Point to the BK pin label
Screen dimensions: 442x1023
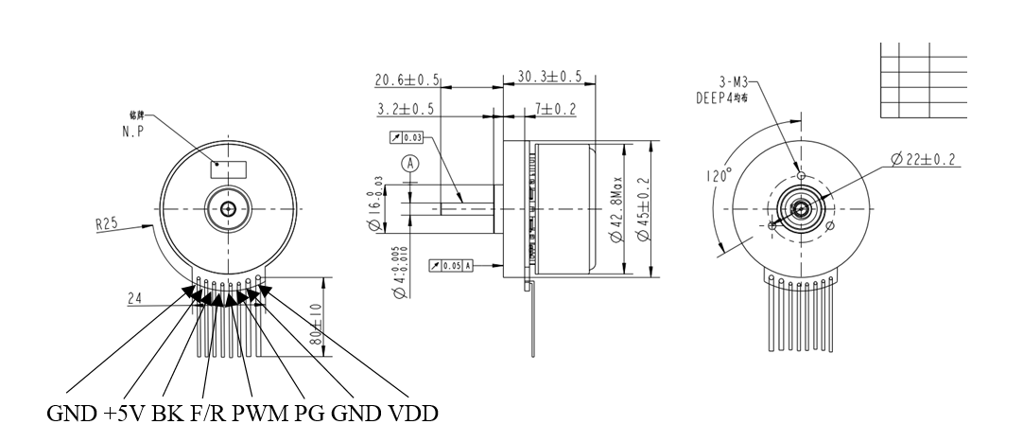(177, 415)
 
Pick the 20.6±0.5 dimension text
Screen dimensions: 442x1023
(406, 79)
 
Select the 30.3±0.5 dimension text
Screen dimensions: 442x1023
(549, 77)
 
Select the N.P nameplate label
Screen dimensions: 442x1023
(131, 133)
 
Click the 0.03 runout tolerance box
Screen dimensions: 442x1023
(407, 137)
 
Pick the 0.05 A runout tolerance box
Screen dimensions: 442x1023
(451, 265)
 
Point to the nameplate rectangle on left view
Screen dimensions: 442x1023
(229, 168)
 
